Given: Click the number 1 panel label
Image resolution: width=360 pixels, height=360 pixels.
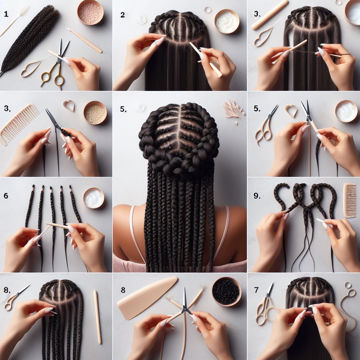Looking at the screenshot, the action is [6, 14].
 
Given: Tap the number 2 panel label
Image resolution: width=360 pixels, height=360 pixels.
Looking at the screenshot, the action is [123, 15].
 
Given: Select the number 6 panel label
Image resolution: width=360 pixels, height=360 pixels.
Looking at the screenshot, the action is [6, 195].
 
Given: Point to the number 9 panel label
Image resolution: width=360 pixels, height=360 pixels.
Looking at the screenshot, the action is [257, 196].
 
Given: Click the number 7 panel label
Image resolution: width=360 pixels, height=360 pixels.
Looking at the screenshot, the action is [256, 290].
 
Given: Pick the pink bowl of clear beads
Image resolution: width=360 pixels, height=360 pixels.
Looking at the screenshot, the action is [90, 12].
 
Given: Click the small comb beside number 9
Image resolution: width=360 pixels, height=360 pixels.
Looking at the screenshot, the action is [350, 200].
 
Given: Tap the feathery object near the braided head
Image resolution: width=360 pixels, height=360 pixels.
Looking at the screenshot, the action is [233, 109].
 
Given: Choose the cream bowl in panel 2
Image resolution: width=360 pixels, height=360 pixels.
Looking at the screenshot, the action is [227, 21].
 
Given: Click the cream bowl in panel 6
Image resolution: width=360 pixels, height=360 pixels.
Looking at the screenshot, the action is [94, 198].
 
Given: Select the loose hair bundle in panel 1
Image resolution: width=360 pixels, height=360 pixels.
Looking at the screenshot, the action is [30, 39].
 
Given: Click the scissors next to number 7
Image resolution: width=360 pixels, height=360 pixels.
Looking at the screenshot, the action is [265, 304].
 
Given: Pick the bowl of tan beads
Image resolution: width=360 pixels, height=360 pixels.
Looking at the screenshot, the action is [95, 112].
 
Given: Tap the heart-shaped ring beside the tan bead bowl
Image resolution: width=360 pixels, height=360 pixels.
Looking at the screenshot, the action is [69, 105].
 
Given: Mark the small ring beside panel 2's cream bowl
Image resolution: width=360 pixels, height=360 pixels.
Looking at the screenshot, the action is [207, 10].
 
